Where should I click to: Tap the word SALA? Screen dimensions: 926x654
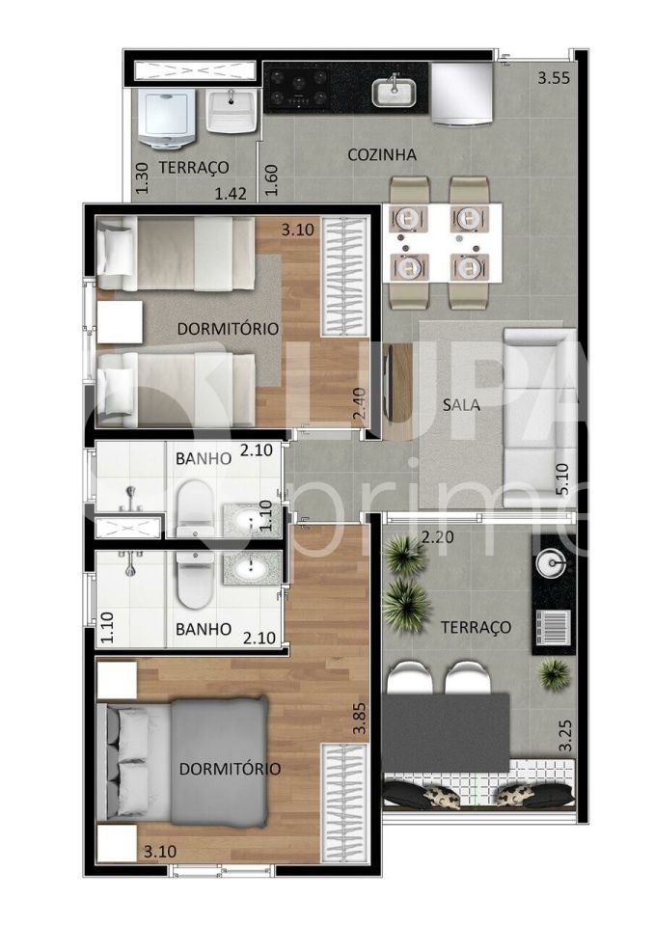tap(462, 405)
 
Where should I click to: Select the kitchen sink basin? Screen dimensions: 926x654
tap(394, 93)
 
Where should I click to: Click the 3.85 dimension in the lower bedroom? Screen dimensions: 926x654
tap(359, 718)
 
